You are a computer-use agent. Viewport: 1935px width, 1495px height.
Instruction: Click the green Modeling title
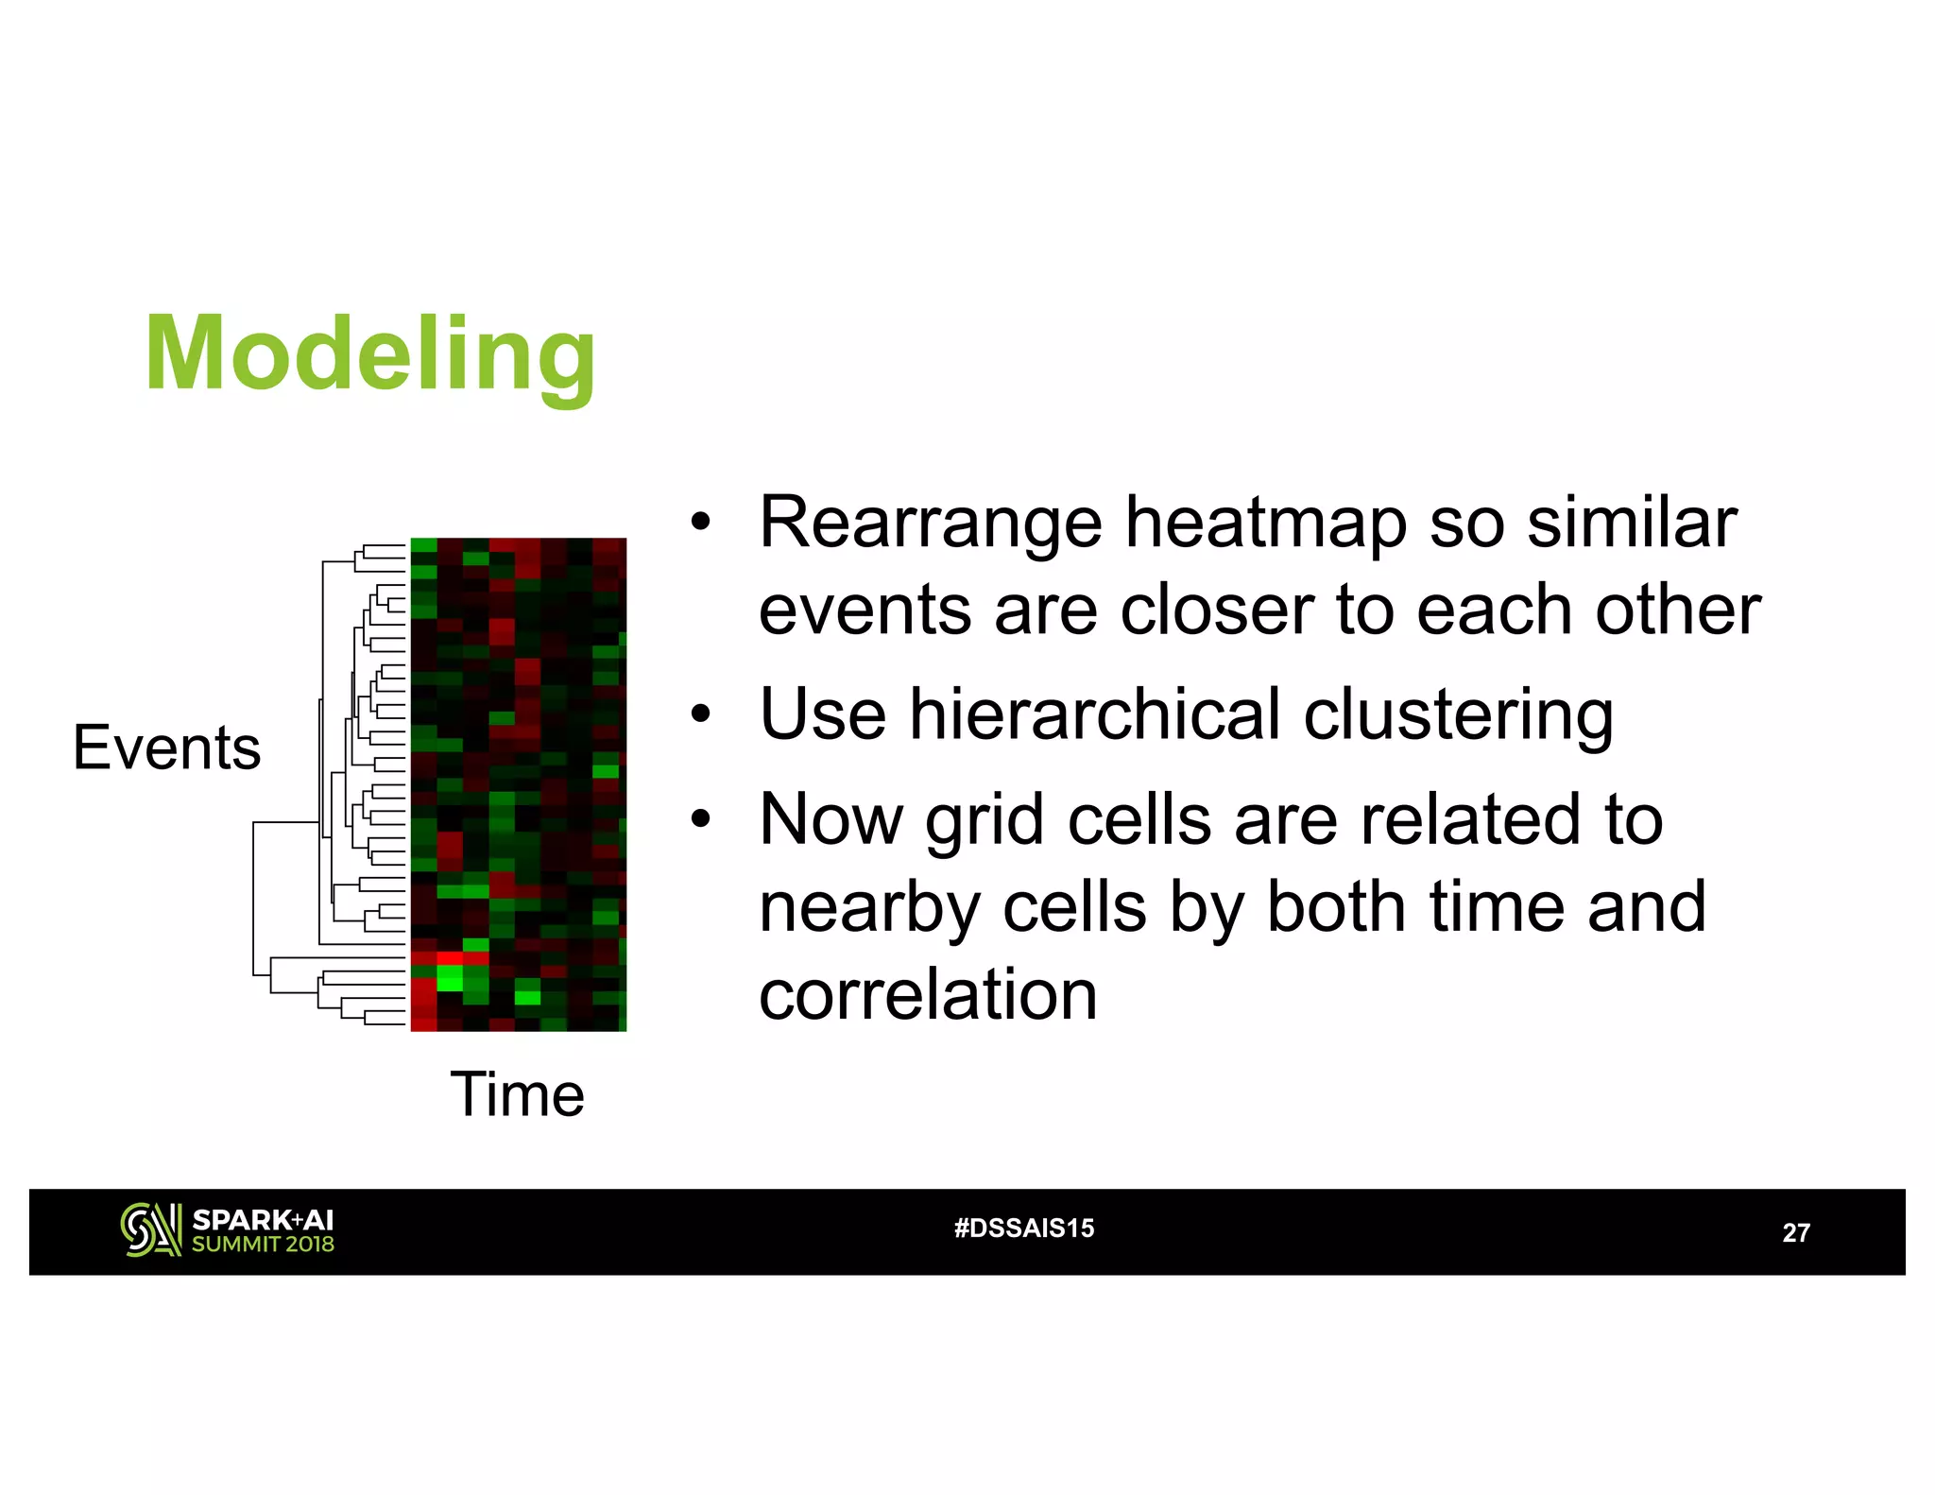pos(369,355)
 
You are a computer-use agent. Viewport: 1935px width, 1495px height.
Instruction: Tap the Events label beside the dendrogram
pos(166,747)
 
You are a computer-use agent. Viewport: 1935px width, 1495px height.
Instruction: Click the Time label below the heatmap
pos(517,1094)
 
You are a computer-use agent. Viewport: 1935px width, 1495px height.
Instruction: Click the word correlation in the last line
pos(928,995)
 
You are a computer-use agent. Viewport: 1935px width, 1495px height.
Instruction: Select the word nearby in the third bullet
pos(869,908)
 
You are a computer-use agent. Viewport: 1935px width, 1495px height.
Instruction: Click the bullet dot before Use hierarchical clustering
pos(700,714)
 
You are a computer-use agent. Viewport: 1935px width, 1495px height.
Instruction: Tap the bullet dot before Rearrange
pos(700,523)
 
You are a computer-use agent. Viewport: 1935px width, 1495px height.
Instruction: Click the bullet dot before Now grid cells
pos(700,819)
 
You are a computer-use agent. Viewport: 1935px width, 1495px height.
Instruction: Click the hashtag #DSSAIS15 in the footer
pos(1024,1229)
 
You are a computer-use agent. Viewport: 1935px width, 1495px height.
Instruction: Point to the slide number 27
pos(1795,1233)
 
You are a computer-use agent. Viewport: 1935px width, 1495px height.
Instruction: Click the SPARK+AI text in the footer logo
pos(263,1220)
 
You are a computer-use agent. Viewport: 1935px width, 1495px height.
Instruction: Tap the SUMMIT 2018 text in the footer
pos(263,1245)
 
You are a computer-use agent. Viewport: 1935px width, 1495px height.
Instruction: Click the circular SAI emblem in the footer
pos(150,1230)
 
